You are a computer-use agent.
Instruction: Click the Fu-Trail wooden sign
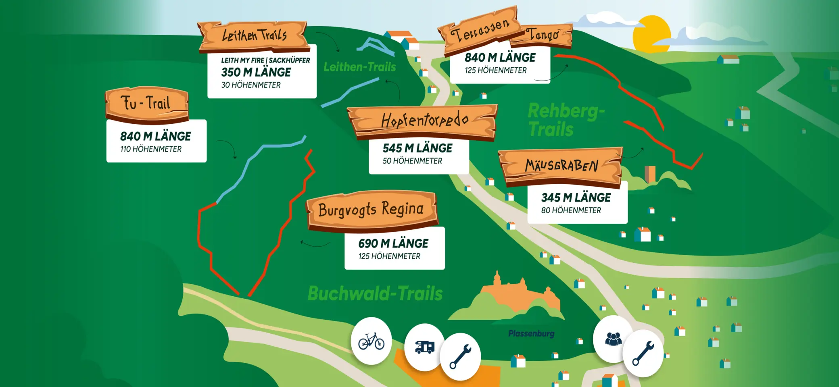(x=147, y=104)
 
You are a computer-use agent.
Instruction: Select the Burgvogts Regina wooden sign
(x=371, y=210)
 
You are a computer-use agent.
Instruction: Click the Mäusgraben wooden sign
(x=561, y=166)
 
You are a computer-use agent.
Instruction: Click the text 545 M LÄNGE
(x=417, y=148)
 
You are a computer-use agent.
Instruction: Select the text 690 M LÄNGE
(x=393, y=243)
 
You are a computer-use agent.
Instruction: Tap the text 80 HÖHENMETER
(x=571, y=210)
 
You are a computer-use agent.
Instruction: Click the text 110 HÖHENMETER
(x=151, y=149)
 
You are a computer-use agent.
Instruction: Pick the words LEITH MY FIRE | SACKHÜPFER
(x=265, y=60)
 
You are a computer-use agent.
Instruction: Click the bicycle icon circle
(x=371, y=341)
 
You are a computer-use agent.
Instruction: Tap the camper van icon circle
(x=424, y=347)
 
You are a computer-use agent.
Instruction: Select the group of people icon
(x=613, y=339)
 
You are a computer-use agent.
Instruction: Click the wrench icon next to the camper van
(x=460, y=356)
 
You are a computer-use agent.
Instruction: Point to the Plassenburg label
(x=531, y=334)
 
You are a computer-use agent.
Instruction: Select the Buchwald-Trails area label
(x=375, y=293)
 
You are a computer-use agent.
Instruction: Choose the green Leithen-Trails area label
(x=359, y=67)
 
